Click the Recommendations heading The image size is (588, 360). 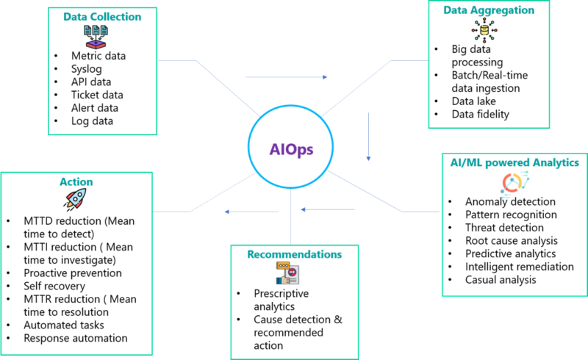click(294, 254)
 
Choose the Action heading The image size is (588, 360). click(76, 181)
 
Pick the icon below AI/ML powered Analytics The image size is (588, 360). click(514, 182)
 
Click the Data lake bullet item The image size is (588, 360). click(473, 101)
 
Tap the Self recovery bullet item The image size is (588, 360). click(54, 285)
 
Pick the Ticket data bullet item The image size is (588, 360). click(96, 95)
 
